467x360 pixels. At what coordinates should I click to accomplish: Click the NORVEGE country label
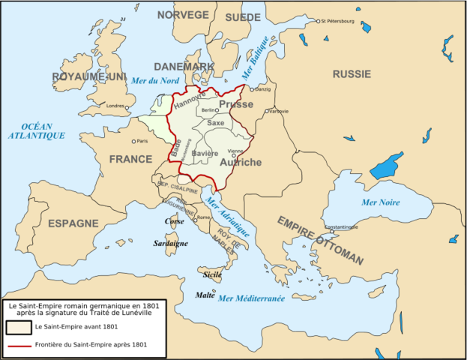click(183, 15)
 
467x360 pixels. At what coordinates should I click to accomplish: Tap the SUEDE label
click(243, 16)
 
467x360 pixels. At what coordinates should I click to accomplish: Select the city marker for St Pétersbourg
click(317, 21)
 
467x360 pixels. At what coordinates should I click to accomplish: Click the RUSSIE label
click(352, 74)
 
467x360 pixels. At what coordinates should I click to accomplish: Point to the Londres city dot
click(127, 106)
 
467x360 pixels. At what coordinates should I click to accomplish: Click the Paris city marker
click(134, 141)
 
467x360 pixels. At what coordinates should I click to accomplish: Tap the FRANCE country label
click(130, 160)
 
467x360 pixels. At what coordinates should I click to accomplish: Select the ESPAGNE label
click(73, 223)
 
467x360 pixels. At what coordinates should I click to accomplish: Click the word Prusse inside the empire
click(235, 105)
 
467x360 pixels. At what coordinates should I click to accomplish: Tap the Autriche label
click(241, 162)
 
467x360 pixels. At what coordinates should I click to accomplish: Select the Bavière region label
click(205, 154)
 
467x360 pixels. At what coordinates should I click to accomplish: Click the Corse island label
click(175, 223)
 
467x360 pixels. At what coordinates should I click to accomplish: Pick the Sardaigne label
click(171, 243)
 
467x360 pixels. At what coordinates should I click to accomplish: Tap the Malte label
click(205, 295)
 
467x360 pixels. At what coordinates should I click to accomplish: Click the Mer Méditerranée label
click(251, 298)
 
